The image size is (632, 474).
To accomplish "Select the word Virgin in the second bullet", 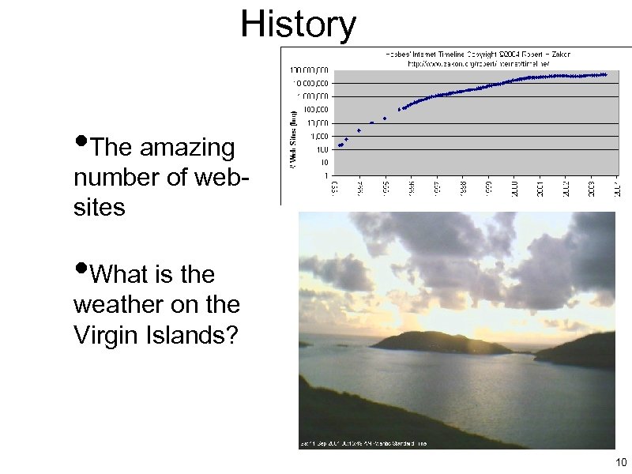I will [x=110, y=335].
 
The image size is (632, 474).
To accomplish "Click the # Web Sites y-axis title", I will [x=291, y=139].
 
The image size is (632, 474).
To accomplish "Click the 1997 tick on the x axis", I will [x=437, y=189].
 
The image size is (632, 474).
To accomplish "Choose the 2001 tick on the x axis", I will [x=540, y=189].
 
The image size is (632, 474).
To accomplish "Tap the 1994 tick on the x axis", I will [x=359, y=189].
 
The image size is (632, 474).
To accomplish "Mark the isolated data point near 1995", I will [x=385, y=118].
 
